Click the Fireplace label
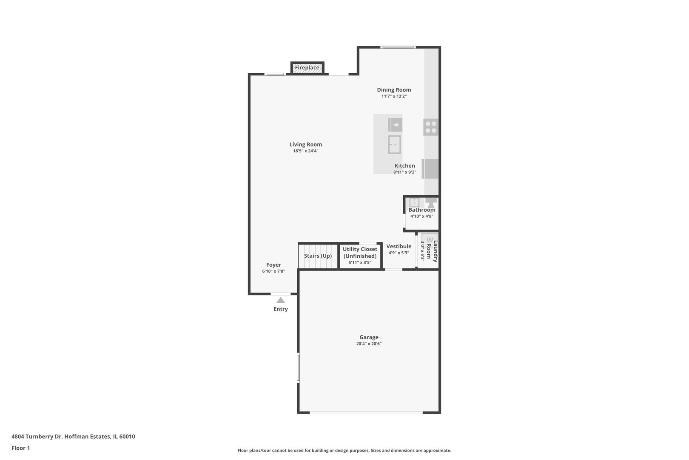point(307,67)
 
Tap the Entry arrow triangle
point(280,300)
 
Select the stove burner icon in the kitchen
point(430,127)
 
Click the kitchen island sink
point(394,144)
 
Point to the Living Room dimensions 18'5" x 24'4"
point(305,151)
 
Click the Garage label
point(369,337)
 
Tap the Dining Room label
point(394,90)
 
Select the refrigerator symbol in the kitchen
point(430,169)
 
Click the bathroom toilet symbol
point(430,202)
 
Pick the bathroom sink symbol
point(414,202)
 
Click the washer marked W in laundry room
point(430,239)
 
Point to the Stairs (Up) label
point(318,256)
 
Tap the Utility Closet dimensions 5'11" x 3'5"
point(360,262)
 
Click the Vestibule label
point(399,246)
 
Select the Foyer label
point(273,264)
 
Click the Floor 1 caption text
point(20,448)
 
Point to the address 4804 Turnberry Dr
point(37,436)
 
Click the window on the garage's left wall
point(298,368)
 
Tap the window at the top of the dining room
point(398,47)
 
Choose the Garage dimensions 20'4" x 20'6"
point(369,344)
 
